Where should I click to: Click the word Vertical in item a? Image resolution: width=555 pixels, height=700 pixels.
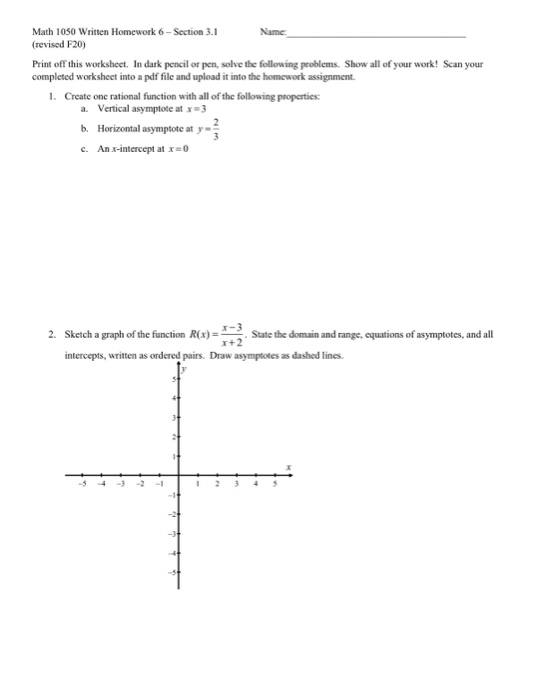pyautogui.click(x=100, y=107)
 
